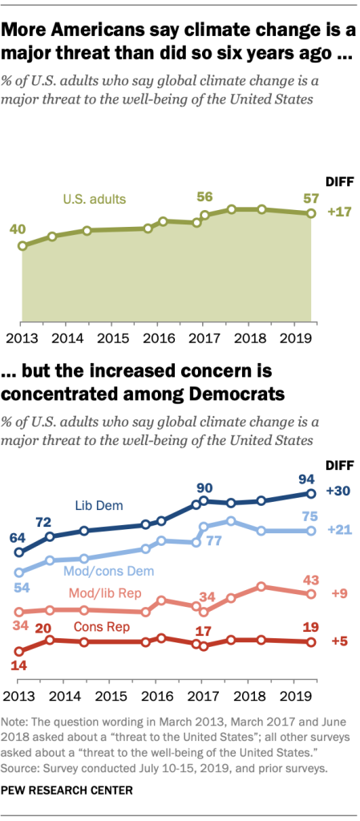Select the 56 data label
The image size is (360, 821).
[206, 196]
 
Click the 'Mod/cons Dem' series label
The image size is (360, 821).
[108, 571]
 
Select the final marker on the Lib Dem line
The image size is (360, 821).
[312, 493]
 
